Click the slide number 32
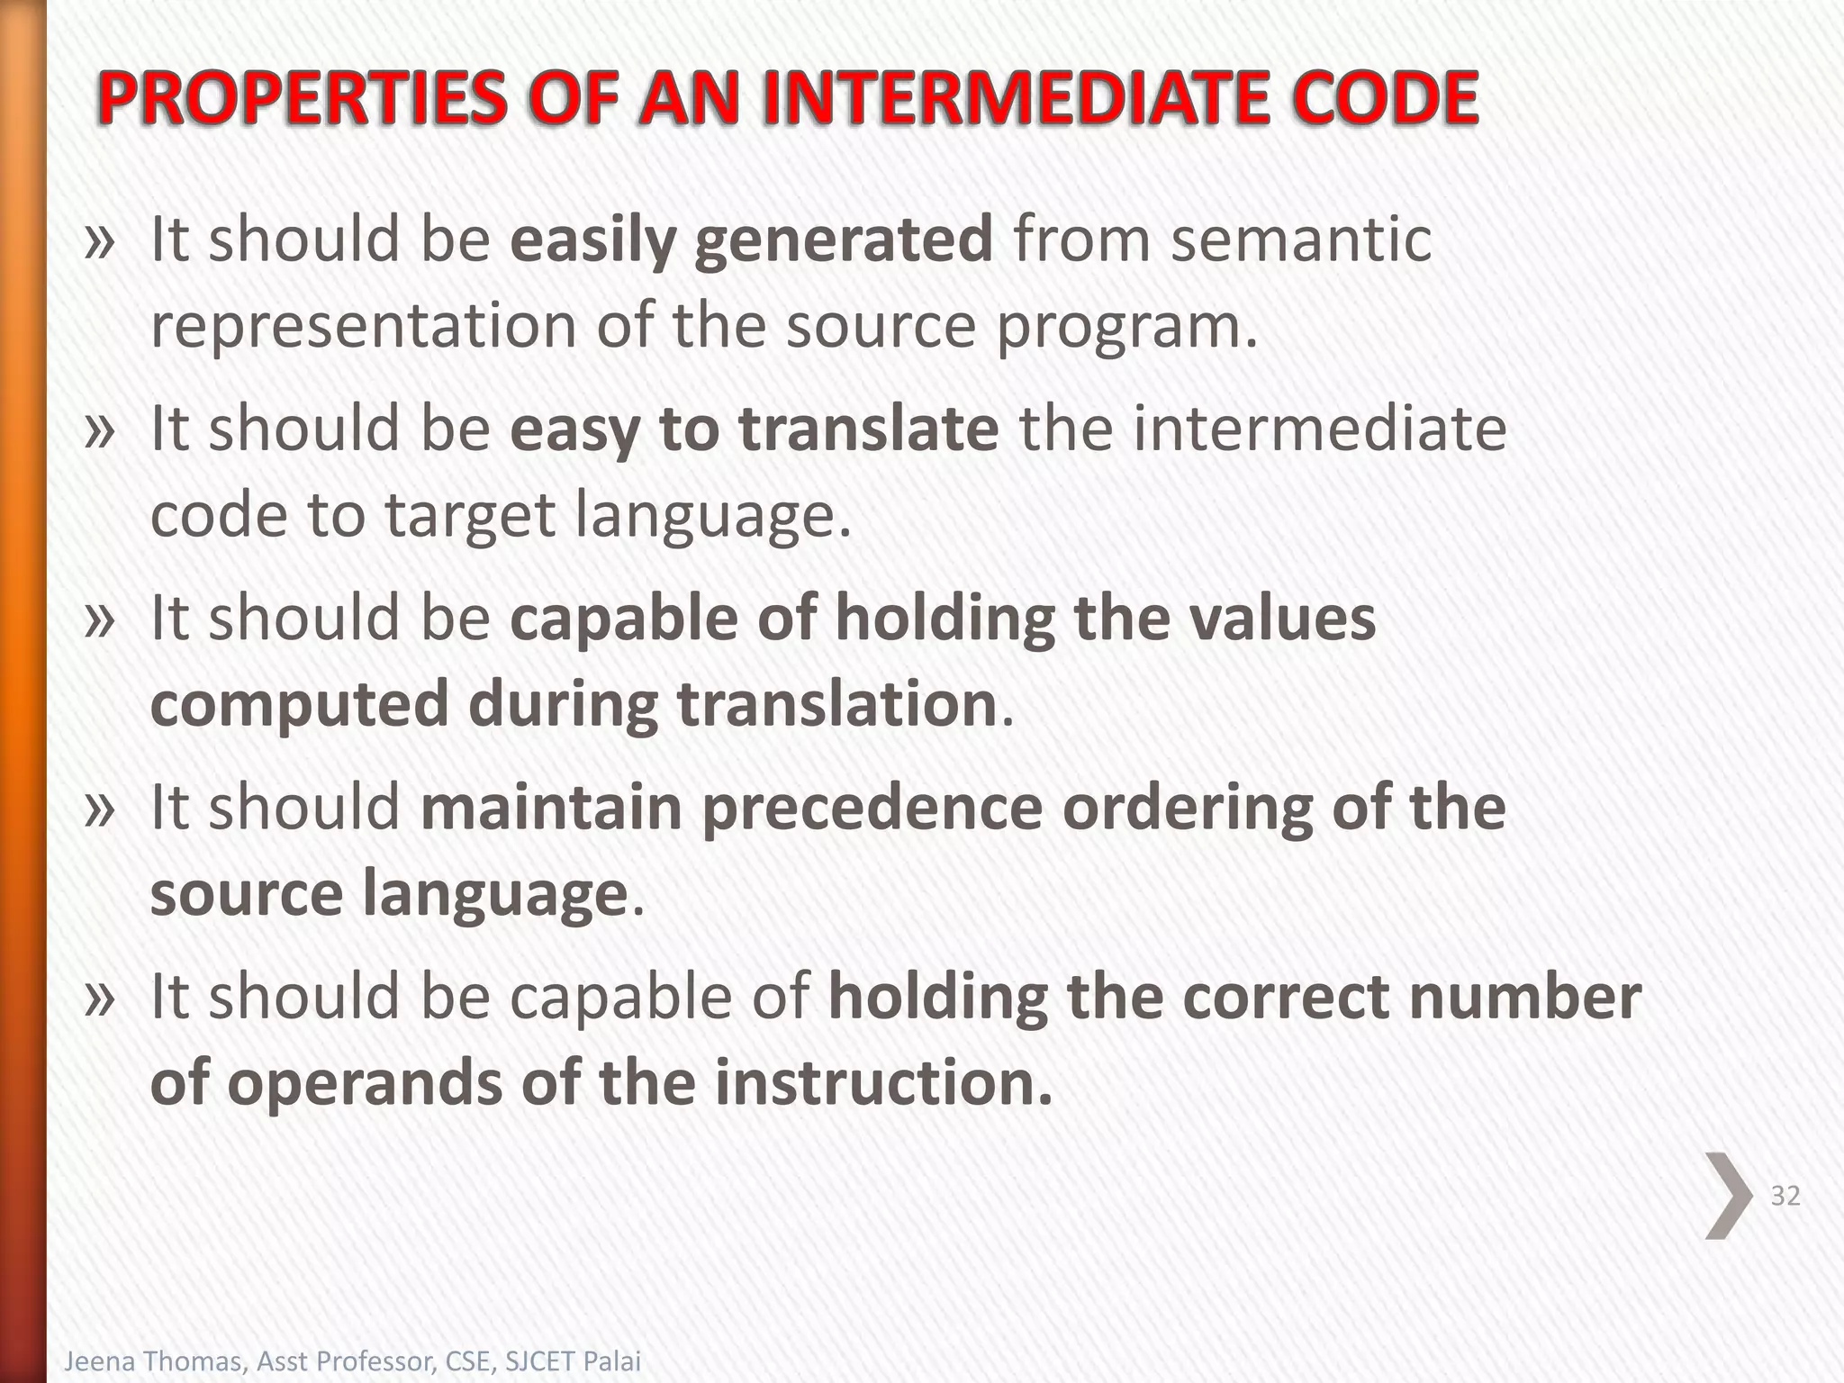[x=1785, y=1196]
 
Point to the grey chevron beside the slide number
[x=1728, y=1196]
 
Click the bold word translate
[x=869, y=429]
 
